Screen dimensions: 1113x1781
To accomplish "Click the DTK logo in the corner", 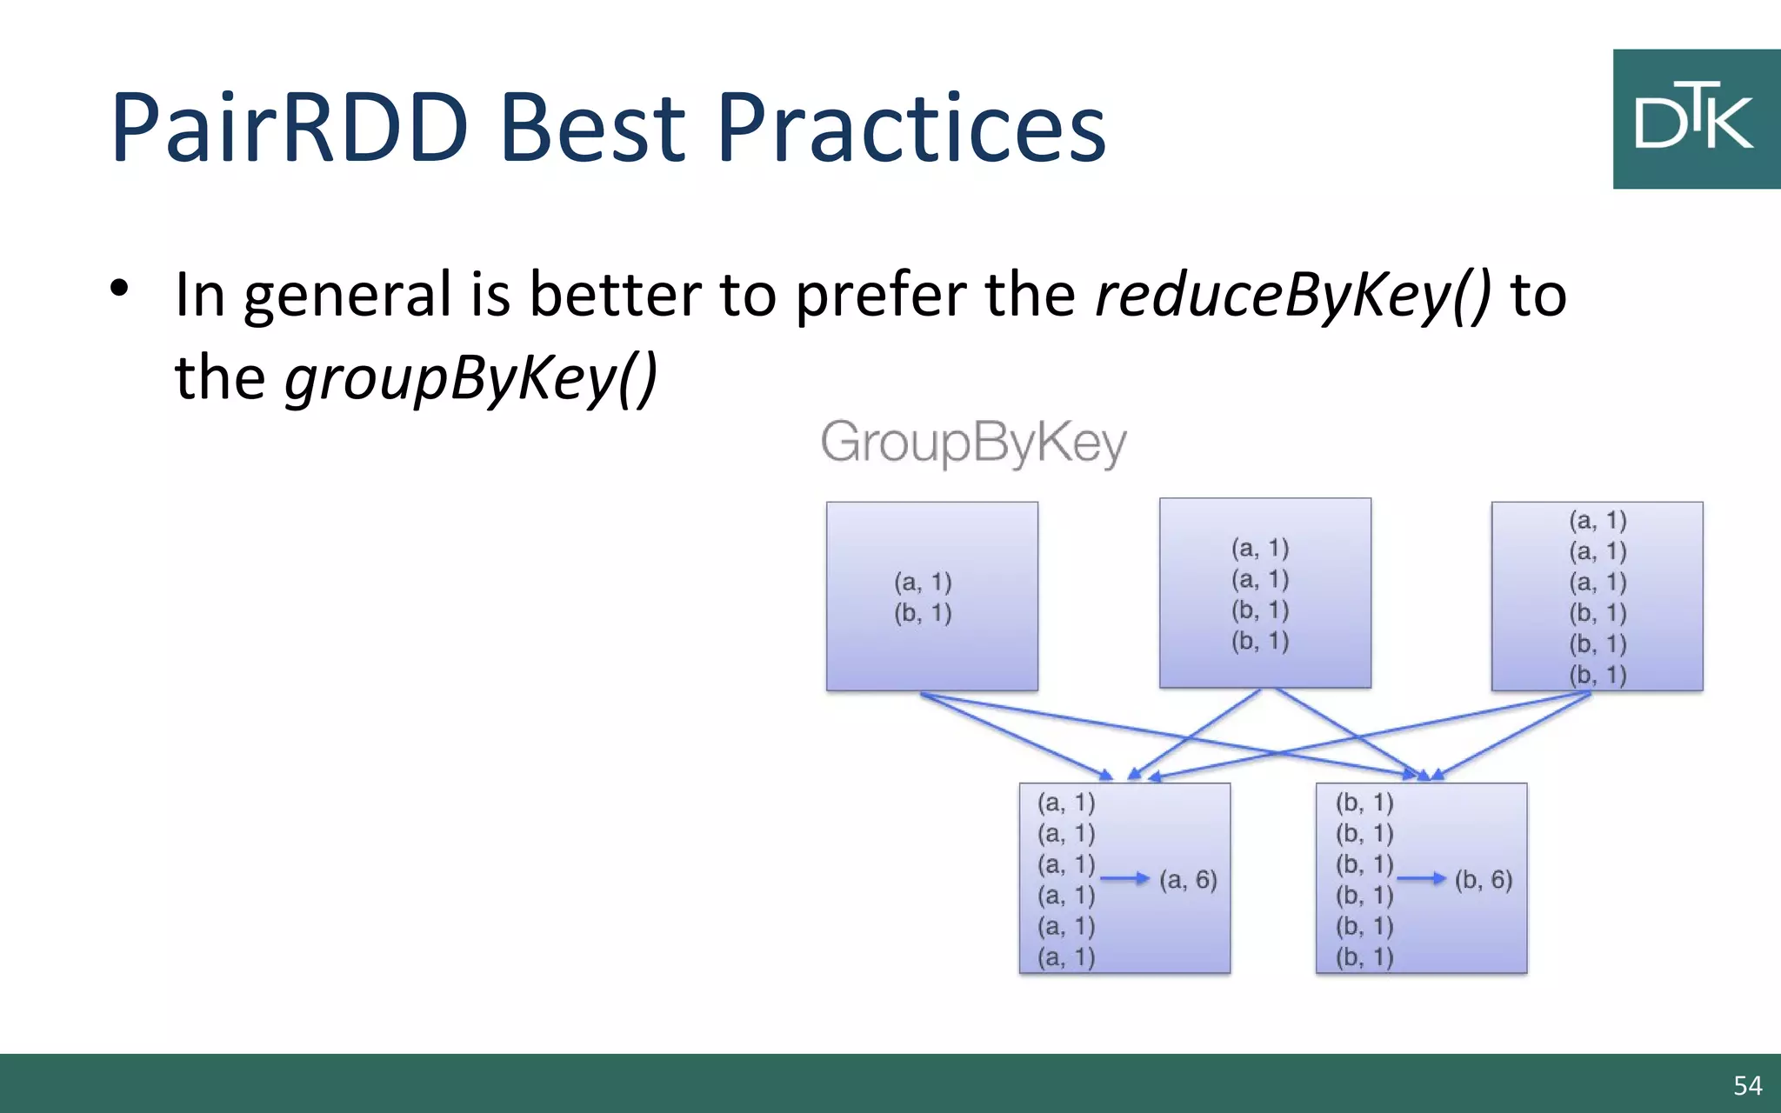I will pos(1696,119).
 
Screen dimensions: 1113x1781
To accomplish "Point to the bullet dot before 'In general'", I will pos(119,288).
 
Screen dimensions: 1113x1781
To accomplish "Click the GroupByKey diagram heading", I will pos(973,443).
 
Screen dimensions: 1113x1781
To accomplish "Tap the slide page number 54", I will pos(1747,1085).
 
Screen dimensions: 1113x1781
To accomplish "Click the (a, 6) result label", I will pos(1188,880).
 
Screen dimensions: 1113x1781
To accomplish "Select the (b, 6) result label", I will pos(1484,880).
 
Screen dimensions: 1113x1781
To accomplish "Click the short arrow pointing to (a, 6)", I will pos(1124,879).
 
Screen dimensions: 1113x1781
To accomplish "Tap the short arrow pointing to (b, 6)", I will pos(1421,879).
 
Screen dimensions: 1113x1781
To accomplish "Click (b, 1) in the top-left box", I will pos(923,613).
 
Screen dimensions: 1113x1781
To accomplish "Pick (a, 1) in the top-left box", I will pos(923,582).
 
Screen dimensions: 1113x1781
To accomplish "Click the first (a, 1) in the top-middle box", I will pos(1259,548).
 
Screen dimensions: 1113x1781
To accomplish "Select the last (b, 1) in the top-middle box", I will pos(1259,641).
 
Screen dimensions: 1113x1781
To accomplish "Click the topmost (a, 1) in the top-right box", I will pos(1598,520).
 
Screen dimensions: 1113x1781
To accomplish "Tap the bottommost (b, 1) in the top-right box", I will pos(1598,675).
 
